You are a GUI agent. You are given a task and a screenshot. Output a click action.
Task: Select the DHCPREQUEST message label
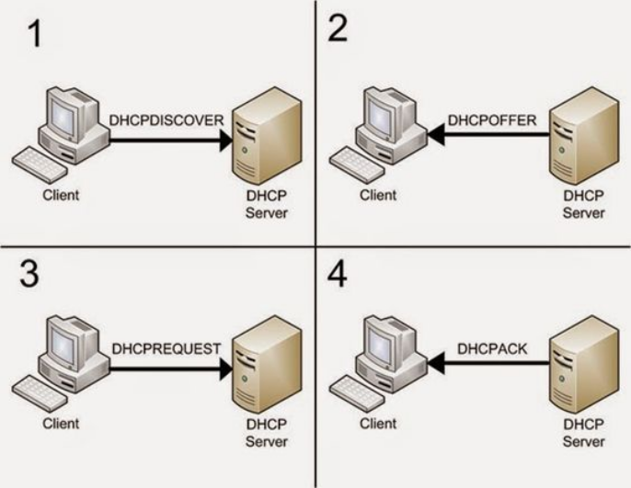pos(166,348)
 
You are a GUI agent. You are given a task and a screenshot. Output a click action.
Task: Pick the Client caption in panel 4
pos(378,426)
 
